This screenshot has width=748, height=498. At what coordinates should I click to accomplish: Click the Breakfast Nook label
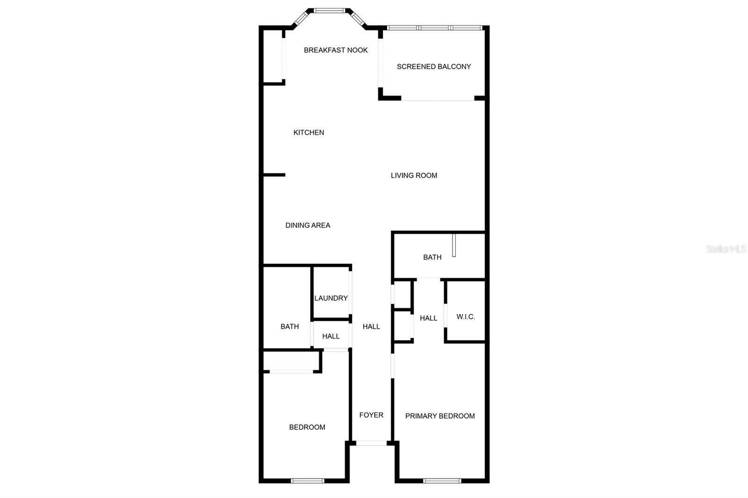point(336,50)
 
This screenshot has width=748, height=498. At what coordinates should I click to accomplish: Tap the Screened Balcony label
point(434,66)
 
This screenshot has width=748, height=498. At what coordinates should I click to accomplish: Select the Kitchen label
point(309,132)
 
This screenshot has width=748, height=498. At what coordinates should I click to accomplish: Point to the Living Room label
point(414,175)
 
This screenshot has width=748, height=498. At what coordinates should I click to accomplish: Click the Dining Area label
point(308,225)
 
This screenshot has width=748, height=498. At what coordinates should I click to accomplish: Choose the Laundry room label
point(331,298)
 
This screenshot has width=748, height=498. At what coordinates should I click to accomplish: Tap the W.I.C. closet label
point(466,317)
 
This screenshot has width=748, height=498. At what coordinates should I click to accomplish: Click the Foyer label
point(371,415)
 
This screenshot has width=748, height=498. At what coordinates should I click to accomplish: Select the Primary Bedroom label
point(440,416)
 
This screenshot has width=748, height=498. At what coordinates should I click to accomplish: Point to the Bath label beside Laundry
point(289,327)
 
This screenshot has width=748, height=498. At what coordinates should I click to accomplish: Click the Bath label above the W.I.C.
point(432,257)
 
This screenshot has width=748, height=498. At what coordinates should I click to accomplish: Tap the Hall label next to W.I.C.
point(428,318)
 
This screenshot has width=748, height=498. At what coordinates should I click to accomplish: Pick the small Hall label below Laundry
point(331,336)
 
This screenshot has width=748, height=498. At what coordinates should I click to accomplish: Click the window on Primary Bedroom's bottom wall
point(442,480)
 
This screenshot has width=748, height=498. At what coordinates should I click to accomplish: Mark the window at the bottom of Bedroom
point(307,480)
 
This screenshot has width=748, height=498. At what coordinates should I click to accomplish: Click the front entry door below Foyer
point(372,443)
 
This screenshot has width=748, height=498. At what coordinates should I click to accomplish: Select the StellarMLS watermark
point(726,249)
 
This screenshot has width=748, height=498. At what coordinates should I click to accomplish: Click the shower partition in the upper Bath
point(453,245)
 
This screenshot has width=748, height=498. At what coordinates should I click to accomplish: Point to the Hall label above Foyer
point(371,327)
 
